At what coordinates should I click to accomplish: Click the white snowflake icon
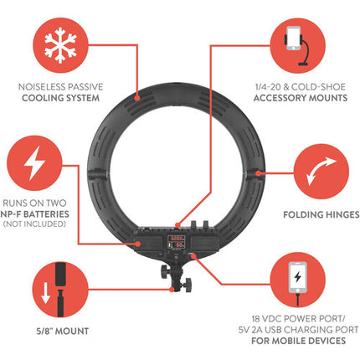click(60, 45)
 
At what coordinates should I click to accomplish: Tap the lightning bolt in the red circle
click(34, 163)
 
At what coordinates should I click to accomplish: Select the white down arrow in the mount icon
click(45, 294)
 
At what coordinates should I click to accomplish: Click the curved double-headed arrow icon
click(321, 171)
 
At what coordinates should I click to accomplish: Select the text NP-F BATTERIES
click(34, 214)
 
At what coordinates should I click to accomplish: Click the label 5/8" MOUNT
click(63, 332)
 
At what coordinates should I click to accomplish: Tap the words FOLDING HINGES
click(321, 214)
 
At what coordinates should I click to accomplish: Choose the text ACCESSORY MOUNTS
click(301, 98)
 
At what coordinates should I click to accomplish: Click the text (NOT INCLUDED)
click(34, 224)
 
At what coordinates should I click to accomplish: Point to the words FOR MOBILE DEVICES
click(298, 341)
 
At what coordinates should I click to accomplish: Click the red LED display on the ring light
click(176, 242)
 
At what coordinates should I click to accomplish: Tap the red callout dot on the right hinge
click(258, 173)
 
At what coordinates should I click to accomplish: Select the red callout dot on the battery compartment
click(138, 244)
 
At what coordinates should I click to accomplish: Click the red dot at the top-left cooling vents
click(136, 98)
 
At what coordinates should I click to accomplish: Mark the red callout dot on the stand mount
click(172, 290)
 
